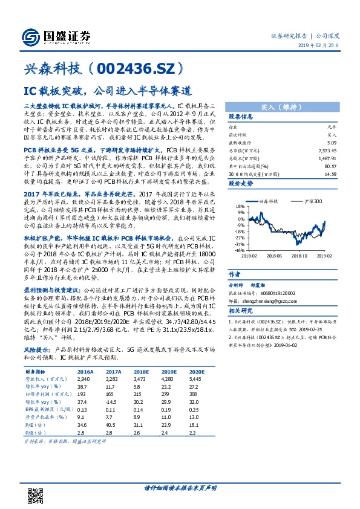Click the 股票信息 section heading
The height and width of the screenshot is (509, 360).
tap(240, 117)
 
